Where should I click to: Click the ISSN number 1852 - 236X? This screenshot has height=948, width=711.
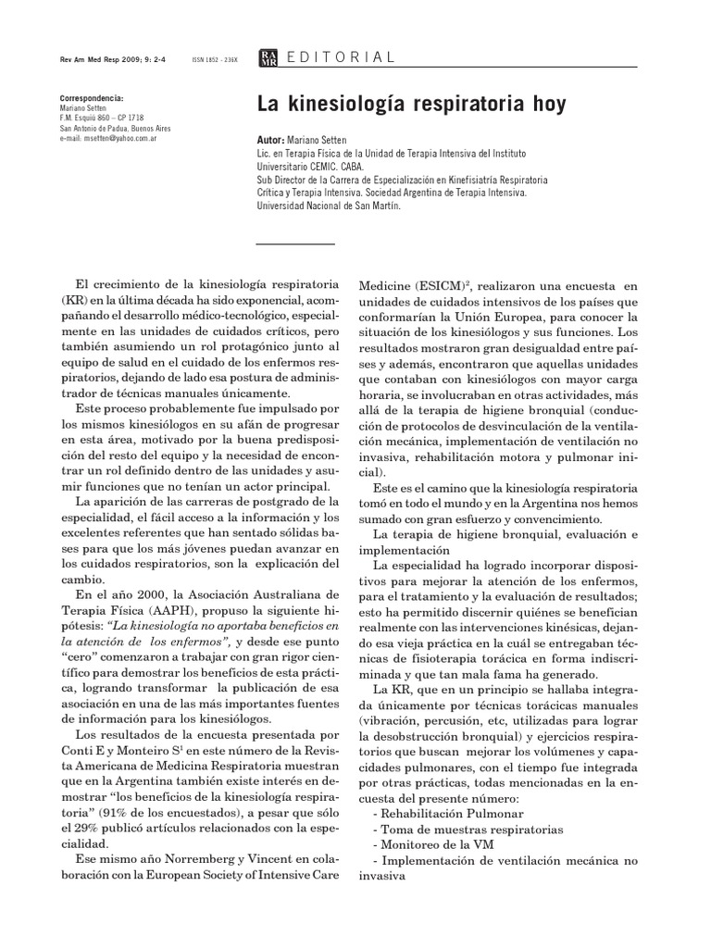coord(215,59)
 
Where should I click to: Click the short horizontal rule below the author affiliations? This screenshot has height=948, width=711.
coord(294,243)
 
